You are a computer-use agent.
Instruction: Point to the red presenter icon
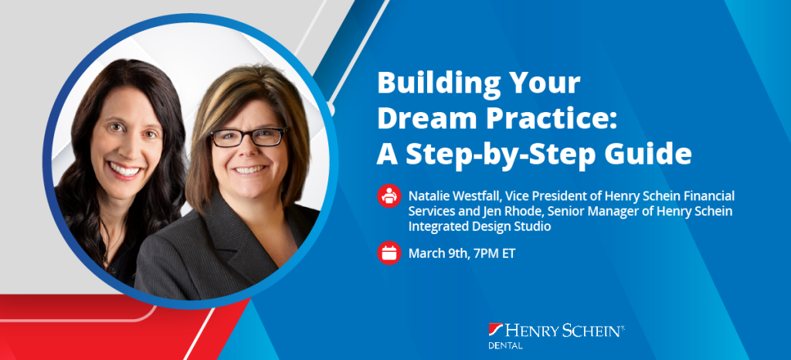[x=389, y=195]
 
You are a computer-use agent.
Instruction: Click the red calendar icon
[x=389, y=253]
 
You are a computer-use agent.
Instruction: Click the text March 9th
[x=437, y=253]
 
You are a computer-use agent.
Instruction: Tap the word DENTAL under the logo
[x=505, y=346]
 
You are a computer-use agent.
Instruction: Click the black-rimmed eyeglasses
[x=248, y=138]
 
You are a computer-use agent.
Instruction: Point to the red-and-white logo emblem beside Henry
[x=495, y=330]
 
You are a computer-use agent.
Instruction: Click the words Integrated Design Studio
[x=479, y=227]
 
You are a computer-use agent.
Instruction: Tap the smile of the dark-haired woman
[x=124, y=170]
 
